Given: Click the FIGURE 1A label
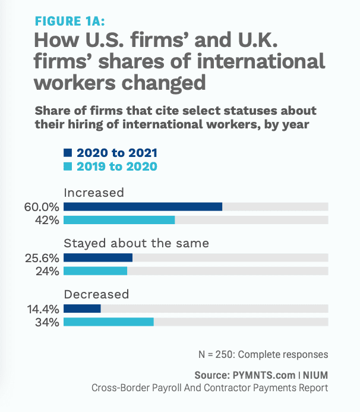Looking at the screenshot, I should click(x=70, y=21).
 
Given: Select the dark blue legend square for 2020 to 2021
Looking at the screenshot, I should click(x=67, y=153).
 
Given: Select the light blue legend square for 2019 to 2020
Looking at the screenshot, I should click(x=67, y=166).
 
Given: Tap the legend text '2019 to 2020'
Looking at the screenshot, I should click(x=116, y=166).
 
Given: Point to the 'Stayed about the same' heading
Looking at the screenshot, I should click(x=136, y=244).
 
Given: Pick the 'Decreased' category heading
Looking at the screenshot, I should click(x=96, y=294).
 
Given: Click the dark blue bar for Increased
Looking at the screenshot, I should click(x=143, y=207).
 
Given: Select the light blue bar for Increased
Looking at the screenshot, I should click(x=119, y=220).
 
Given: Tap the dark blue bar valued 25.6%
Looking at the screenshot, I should click(x=97, y=258).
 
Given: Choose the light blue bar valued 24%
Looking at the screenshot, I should click(x=95, y=271).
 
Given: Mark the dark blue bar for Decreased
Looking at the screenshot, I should click(x=82, y=309).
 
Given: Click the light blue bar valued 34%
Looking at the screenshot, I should click(x=108, y=322).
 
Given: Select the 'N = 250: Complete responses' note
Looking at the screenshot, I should click(x=263, y=354).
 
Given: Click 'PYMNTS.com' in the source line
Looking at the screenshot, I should click(x=263, y=376).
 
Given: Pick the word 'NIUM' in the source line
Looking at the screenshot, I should click(x=315, y=376).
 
